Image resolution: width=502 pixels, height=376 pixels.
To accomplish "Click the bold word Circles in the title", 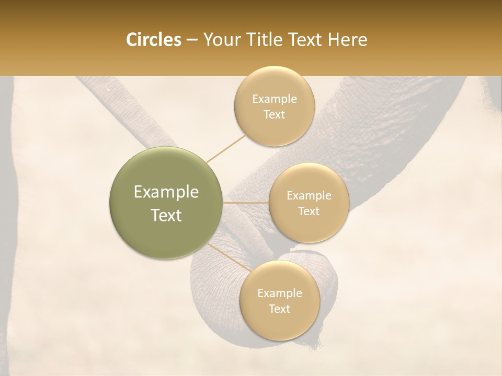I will [154, 40].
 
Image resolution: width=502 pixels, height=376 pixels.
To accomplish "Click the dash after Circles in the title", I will [192, 40].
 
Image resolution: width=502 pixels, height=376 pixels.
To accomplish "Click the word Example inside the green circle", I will [166, 192].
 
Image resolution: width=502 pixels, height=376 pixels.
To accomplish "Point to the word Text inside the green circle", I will [166, 215].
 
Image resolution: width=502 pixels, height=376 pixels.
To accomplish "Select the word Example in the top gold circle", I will [274, 99].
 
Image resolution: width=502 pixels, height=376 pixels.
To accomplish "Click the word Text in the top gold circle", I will [274, 115].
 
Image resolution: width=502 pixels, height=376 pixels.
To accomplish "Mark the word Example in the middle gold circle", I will [309, 196].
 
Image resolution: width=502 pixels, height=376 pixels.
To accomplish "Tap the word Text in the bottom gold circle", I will [279, 309].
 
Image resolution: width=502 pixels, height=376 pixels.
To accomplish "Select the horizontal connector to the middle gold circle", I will [245, 202].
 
